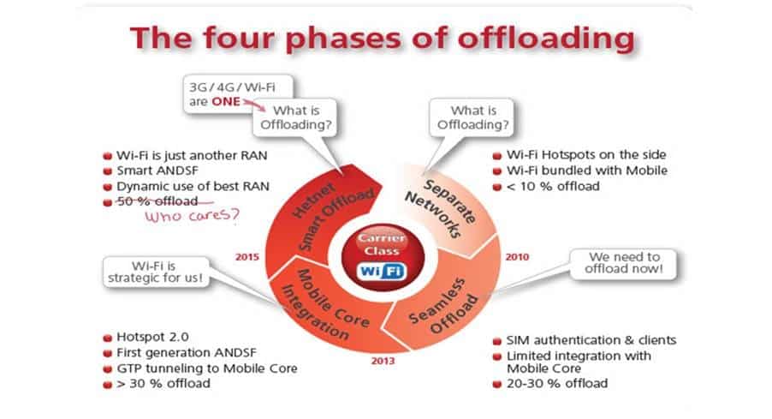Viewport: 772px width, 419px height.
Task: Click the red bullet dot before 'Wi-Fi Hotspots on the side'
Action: [x=497, y=155]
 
